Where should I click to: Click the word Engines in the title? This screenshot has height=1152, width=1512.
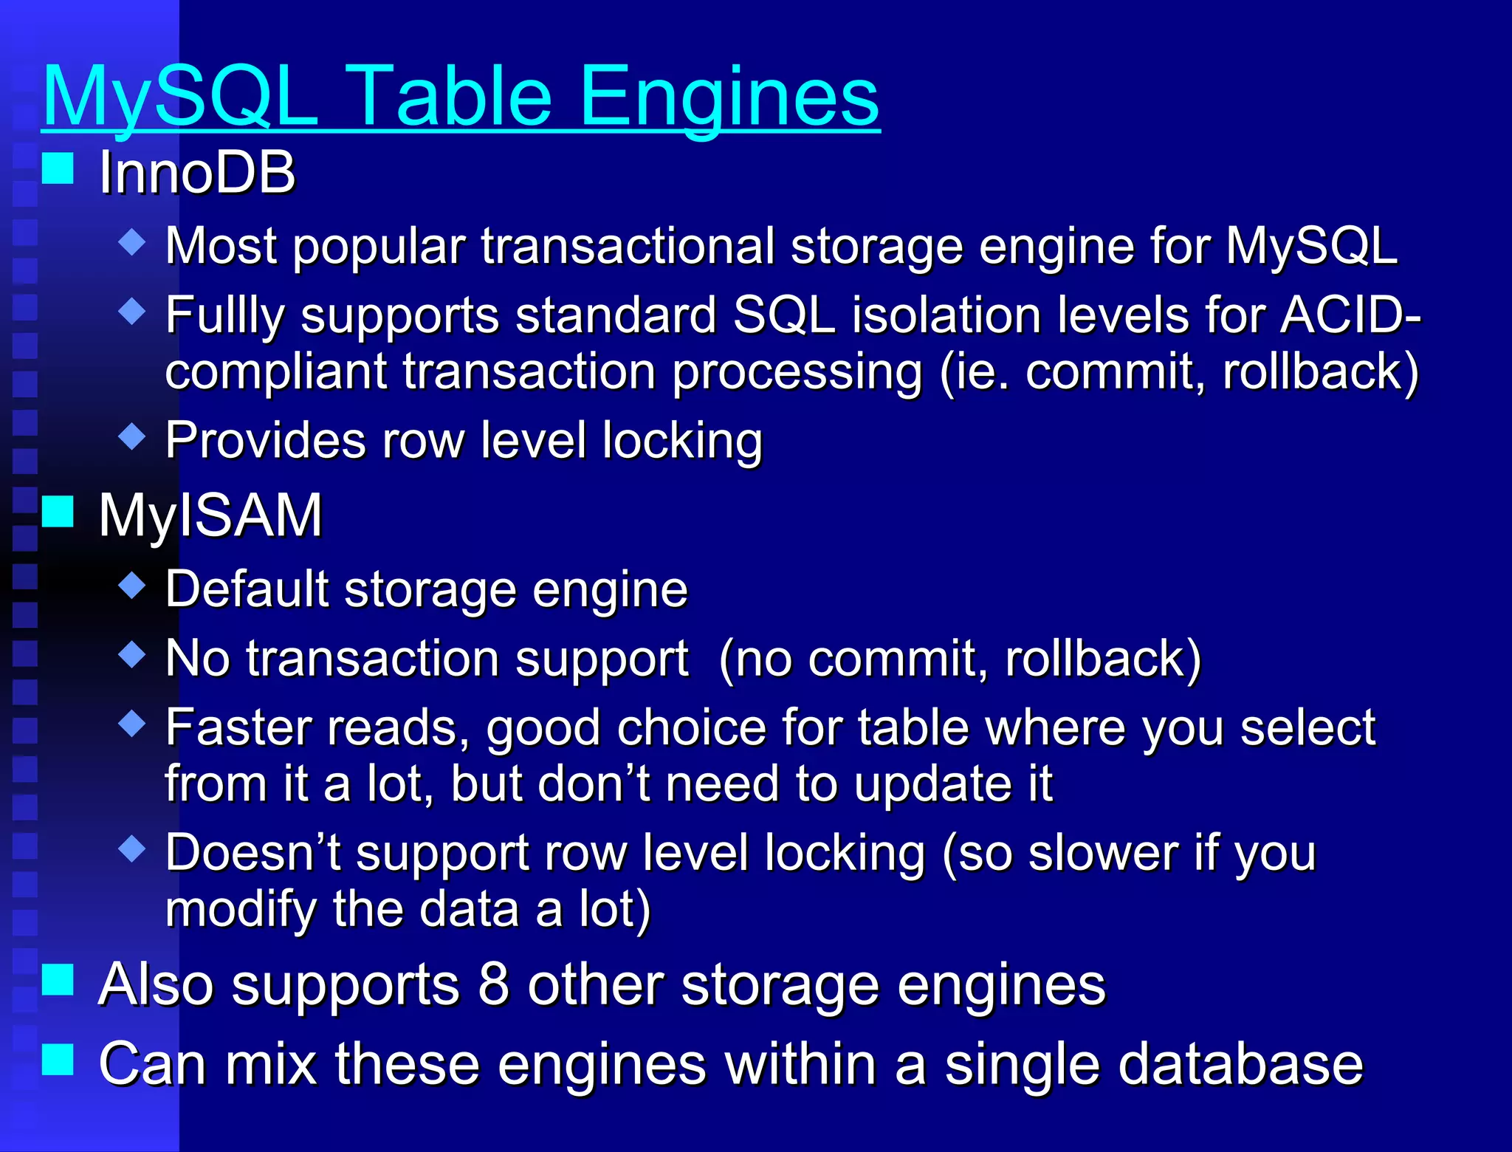click(729, 96)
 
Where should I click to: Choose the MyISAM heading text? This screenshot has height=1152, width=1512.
click(210, 515)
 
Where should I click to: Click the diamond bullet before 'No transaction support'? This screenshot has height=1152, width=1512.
click(132, 654)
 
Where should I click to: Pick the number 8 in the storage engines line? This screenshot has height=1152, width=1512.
click(494, 984)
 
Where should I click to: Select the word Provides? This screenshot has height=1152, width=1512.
click(265, 440)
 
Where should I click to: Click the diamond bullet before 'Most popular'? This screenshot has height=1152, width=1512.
click(132, 241)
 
